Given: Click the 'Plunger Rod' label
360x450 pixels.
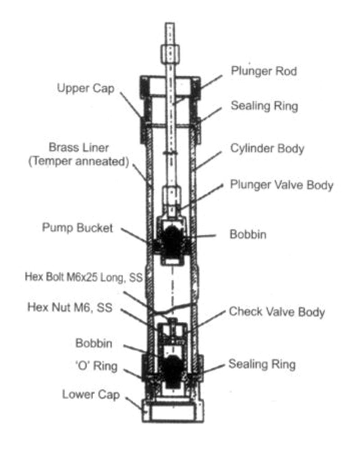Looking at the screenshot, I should click(264, 71).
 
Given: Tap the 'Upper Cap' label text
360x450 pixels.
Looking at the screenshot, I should click(85, 88).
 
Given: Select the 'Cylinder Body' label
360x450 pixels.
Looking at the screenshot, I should click(267, 148).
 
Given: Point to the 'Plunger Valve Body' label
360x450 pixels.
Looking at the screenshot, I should click(282, 184).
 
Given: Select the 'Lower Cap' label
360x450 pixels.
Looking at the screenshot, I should click(91, 395).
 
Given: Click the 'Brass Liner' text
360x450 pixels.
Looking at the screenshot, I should click(79, 148).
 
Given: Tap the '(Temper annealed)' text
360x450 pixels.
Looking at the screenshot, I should click(76, 162).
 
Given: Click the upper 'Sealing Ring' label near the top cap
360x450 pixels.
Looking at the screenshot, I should click(264, 106).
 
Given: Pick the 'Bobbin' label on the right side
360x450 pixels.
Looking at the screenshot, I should click(248, 234).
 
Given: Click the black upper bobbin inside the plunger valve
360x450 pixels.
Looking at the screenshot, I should click(173, 238).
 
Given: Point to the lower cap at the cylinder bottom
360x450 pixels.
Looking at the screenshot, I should click(171, 411).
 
